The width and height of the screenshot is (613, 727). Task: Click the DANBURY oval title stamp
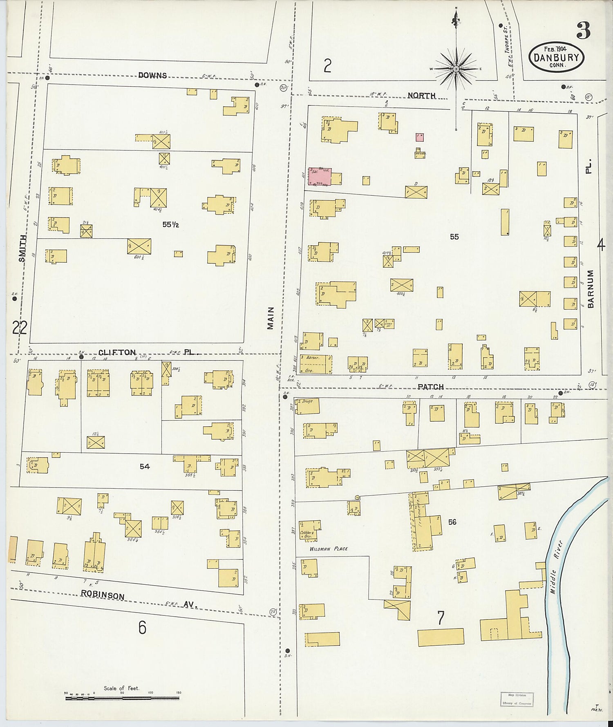556,57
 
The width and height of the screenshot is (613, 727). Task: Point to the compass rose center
456,69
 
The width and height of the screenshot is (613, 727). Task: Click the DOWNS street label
152,75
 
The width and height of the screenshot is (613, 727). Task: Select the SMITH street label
22,248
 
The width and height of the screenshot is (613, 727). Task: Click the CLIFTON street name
117,352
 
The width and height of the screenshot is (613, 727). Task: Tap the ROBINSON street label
102,595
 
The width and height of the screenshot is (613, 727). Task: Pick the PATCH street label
430,387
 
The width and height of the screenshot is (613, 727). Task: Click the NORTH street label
421,96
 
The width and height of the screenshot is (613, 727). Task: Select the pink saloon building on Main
320,176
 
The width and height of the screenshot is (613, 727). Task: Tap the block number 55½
170,224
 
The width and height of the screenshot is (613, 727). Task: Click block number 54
145,466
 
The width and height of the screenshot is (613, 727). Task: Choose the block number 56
452,522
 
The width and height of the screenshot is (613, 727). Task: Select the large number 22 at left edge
19,327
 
